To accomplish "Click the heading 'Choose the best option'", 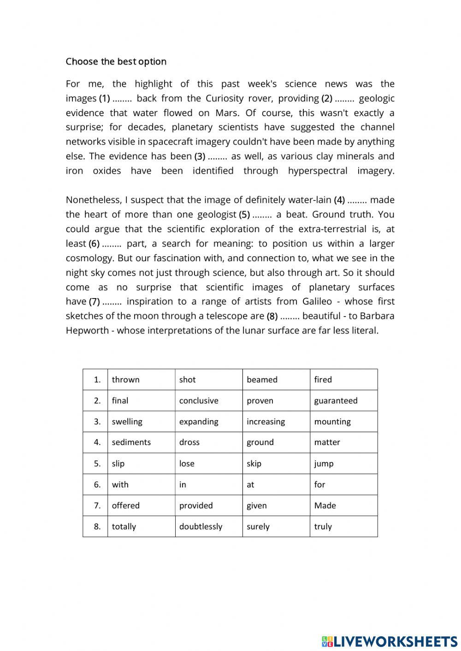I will tap(116, 62).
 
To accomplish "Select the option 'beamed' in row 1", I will tap(262, 380).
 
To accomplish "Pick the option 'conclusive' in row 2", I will tap(199, 401).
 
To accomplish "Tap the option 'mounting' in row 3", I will tap(332, 422).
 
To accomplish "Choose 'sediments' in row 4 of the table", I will tap(131, 442).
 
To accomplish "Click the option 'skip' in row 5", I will tap(254, 463).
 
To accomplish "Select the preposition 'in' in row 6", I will tap(183, 485).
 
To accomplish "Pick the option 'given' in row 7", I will tap(257, 505).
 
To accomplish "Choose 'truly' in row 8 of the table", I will tap(323, 527).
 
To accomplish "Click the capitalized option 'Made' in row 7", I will tap(325, 505).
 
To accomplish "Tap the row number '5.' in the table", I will tap(97, 463).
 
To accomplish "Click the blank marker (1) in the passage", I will tap(105, 98).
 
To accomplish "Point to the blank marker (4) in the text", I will tap(339, 200).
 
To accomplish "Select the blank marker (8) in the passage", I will tap(272, 316).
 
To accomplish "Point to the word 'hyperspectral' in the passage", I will tap(318, 171).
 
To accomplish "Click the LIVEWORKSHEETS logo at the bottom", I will tap(389, 641).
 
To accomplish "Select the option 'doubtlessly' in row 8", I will tap(201, 527).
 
